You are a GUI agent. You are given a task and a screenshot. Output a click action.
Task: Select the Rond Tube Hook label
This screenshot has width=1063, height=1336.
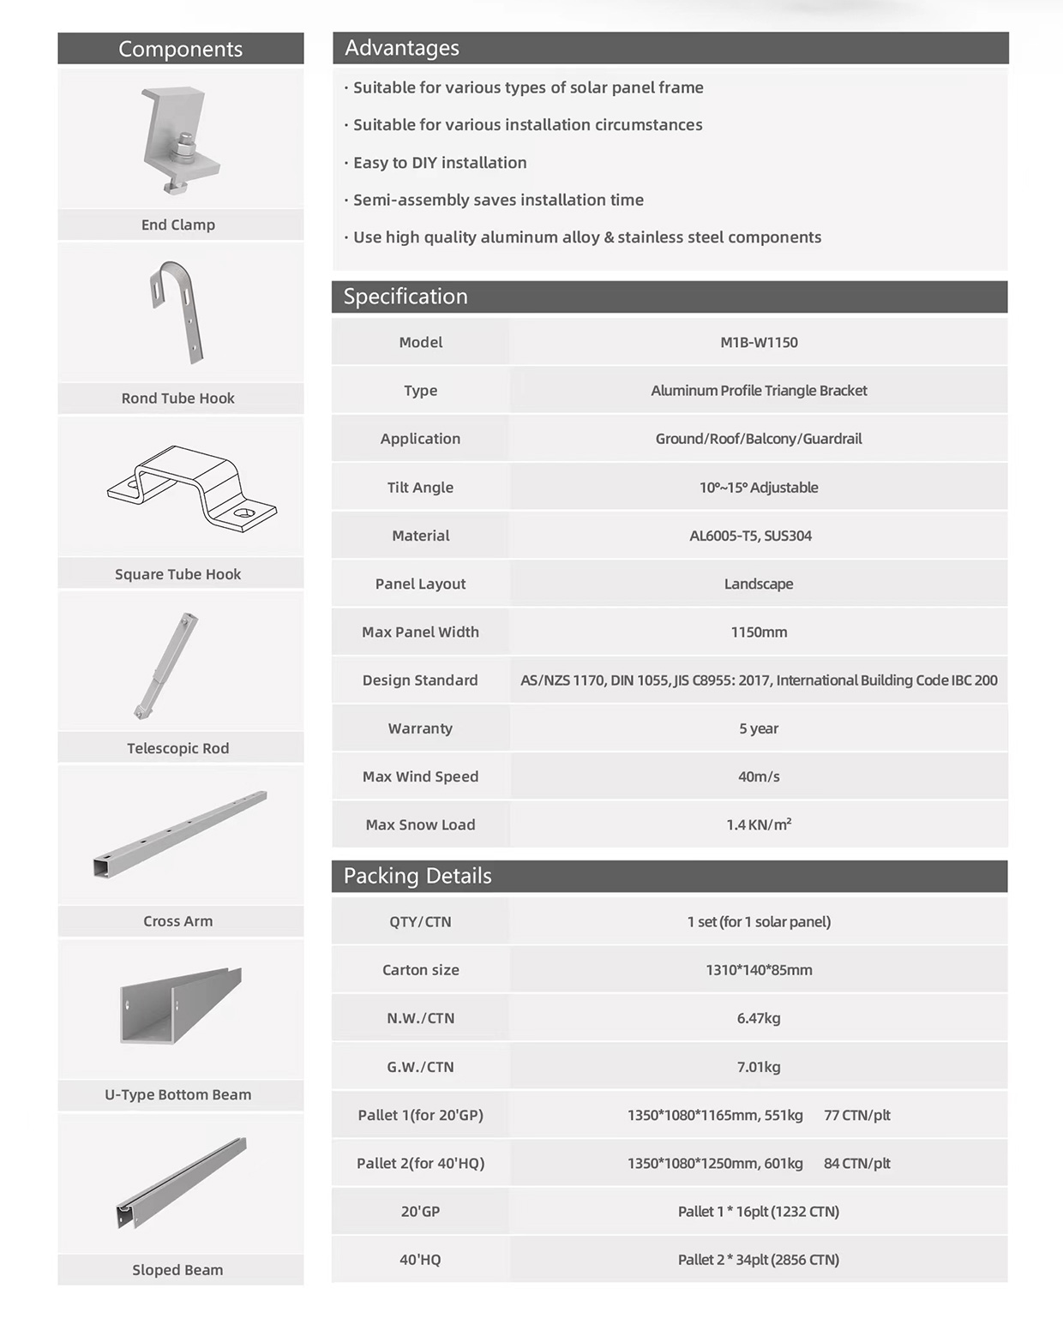click(x=178, y=398)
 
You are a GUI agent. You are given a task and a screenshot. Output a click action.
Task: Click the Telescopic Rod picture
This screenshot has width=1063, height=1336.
click(x=167, y=665)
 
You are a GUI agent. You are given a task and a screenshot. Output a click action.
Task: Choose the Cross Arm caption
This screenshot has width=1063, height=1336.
click(x=178, y=921)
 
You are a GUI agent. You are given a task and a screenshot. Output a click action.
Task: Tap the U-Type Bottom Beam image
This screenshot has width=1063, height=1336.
click(x=181, y=1006)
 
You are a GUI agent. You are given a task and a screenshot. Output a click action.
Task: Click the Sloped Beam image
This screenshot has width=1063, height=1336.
click(x=182, y=1183)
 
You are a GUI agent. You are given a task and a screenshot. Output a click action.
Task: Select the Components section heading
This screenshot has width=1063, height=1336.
click(x=180, y=49)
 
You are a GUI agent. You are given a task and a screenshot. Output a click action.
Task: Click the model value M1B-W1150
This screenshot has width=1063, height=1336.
click(x=759, y=343)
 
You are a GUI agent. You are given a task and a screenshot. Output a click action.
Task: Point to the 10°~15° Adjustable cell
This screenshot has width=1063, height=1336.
click(x=759, y=488)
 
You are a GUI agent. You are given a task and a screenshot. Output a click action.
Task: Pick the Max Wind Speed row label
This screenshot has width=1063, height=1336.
click(x=420, y=776)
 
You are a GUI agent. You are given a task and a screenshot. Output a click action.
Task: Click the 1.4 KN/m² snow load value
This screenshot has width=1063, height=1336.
click(x=759, y=824)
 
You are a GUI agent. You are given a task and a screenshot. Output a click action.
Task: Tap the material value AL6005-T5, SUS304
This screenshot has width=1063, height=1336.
click(x=750, y=536)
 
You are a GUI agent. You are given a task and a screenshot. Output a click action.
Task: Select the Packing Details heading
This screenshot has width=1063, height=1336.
click(x=417, y=876)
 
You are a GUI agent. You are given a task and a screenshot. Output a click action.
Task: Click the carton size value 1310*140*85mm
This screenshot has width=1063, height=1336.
click(x=759, y=970)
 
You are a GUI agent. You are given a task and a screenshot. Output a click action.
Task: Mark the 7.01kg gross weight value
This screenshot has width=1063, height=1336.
click(x=759, y=1067)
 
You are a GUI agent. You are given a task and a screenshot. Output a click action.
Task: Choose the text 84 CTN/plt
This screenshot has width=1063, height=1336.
click(x=856, y=1164)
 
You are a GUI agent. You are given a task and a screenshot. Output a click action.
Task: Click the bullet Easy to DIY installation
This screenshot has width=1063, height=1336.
click(x=440, y=163)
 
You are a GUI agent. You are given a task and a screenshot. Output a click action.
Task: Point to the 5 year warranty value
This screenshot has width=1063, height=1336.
click(x=759, y=728)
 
